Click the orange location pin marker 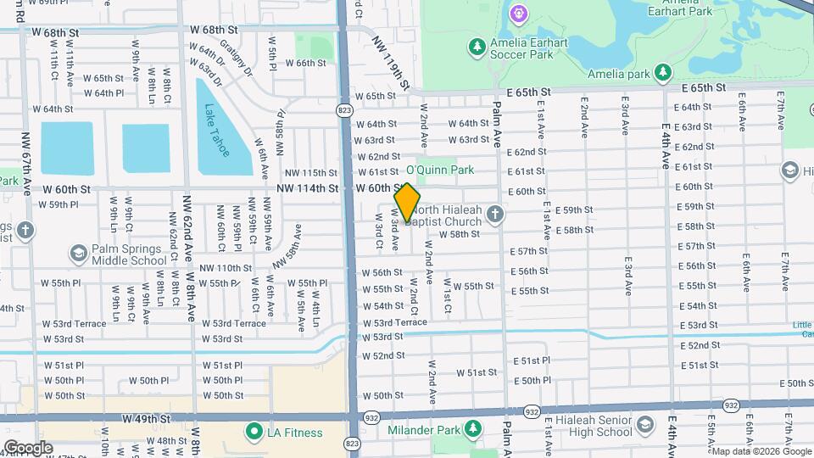click(x=407, y=203)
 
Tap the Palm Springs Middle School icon click(x=78, y=254)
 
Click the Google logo click(x=27, y=448)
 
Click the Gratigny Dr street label click(x=236, y=57)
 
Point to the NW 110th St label click(x=225, y=268)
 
